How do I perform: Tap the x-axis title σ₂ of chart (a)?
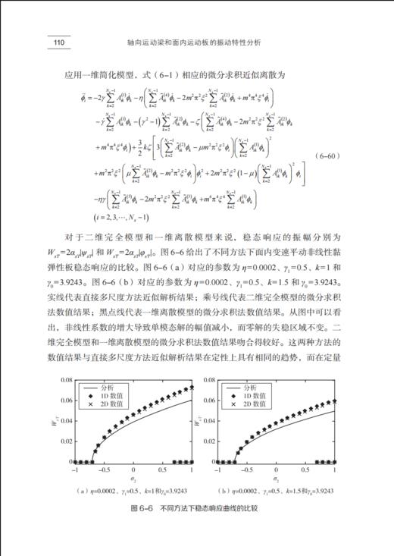134,479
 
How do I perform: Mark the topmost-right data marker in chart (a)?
192,388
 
